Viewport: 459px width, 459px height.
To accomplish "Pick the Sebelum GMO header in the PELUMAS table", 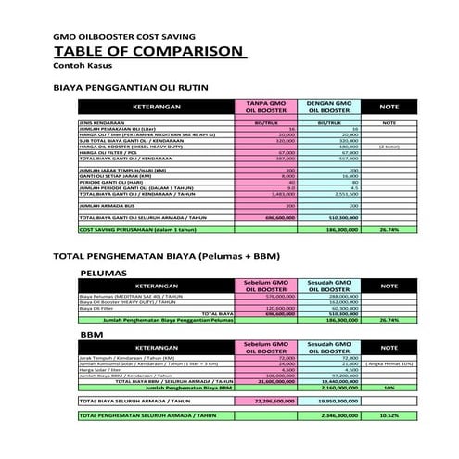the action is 265,290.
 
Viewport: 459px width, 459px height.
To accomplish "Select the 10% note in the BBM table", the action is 389,388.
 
